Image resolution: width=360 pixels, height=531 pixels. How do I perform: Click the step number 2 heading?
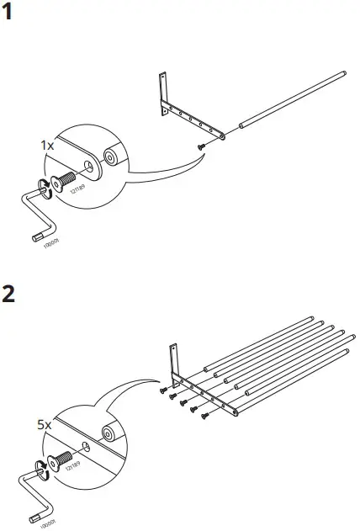pos(10,296)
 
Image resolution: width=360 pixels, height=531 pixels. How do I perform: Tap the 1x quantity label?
pos(48,145)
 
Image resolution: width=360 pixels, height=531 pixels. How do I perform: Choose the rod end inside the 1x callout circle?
pos(109,158)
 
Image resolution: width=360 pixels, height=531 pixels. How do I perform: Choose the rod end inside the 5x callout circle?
pos(108,434)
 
